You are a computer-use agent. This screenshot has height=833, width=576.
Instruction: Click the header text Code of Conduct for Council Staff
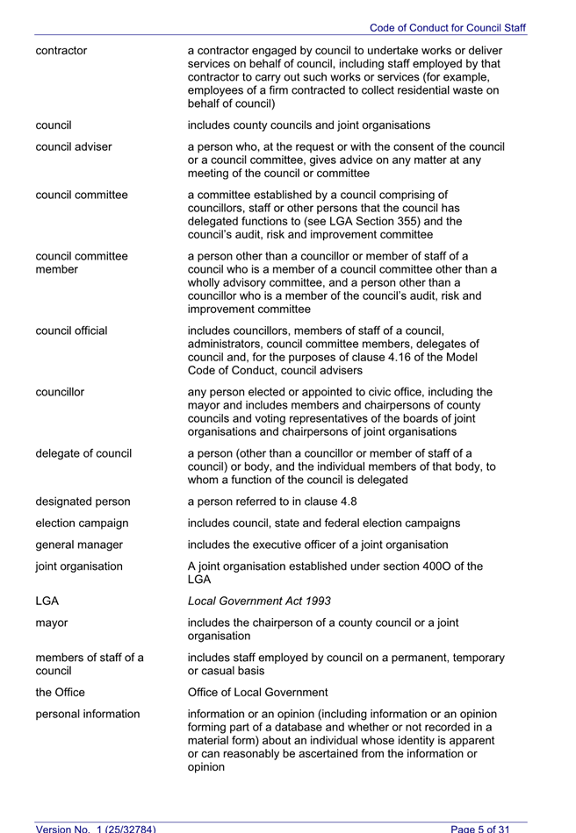click(447, 28)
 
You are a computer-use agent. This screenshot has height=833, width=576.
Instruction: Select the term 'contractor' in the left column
click(61, 50)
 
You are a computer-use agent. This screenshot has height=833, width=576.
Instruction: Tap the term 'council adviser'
click(74, 146)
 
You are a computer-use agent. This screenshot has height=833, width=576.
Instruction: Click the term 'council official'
click(71, 331)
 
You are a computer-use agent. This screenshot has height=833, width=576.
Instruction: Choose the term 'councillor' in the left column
click(60, 392)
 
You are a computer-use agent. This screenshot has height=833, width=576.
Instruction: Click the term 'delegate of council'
click(83, 453)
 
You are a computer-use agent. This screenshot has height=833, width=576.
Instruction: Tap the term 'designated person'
click(83, 502)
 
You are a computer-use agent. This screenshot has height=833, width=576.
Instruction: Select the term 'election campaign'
click(82, 523)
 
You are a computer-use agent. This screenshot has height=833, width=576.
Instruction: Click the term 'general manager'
click(79, 545)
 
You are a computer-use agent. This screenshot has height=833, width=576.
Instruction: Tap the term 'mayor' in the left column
click(52, 623)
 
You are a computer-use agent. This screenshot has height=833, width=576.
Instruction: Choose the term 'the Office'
click(60, 693)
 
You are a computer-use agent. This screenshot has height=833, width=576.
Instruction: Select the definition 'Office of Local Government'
click(258, 693)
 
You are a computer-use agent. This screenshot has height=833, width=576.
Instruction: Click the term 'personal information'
click(88, 714)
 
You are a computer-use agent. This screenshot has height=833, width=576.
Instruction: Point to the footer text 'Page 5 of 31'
click(480, 828)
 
